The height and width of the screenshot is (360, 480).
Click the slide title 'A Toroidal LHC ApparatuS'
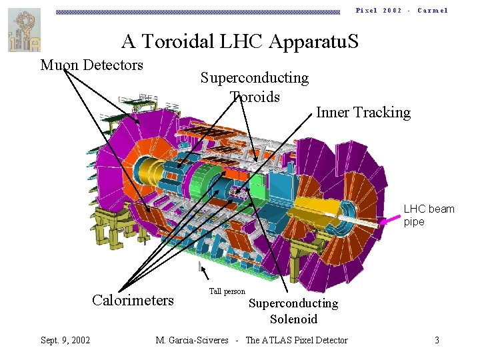239,42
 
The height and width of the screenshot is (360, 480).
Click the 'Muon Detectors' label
92,65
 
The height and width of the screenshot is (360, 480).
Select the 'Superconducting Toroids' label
255,87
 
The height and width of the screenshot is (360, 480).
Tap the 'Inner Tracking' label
363,112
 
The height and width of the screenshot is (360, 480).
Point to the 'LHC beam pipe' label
429,215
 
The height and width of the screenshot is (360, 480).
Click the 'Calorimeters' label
133,300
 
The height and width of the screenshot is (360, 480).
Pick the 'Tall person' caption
227,291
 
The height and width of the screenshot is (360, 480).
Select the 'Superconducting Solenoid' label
293,311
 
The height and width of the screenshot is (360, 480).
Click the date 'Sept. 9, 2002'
65,340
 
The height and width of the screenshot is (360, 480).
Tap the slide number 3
437,340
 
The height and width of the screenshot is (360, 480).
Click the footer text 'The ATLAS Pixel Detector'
297,340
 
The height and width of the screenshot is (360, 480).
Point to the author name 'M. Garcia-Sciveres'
193,340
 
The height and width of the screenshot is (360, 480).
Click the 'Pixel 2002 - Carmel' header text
401,11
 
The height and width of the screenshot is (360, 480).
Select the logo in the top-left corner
24,30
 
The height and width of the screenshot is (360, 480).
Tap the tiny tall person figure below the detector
199,266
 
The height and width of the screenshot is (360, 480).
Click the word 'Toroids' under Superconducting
255,97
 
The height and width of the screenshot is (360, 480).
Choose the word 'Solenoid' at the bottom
293,319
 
